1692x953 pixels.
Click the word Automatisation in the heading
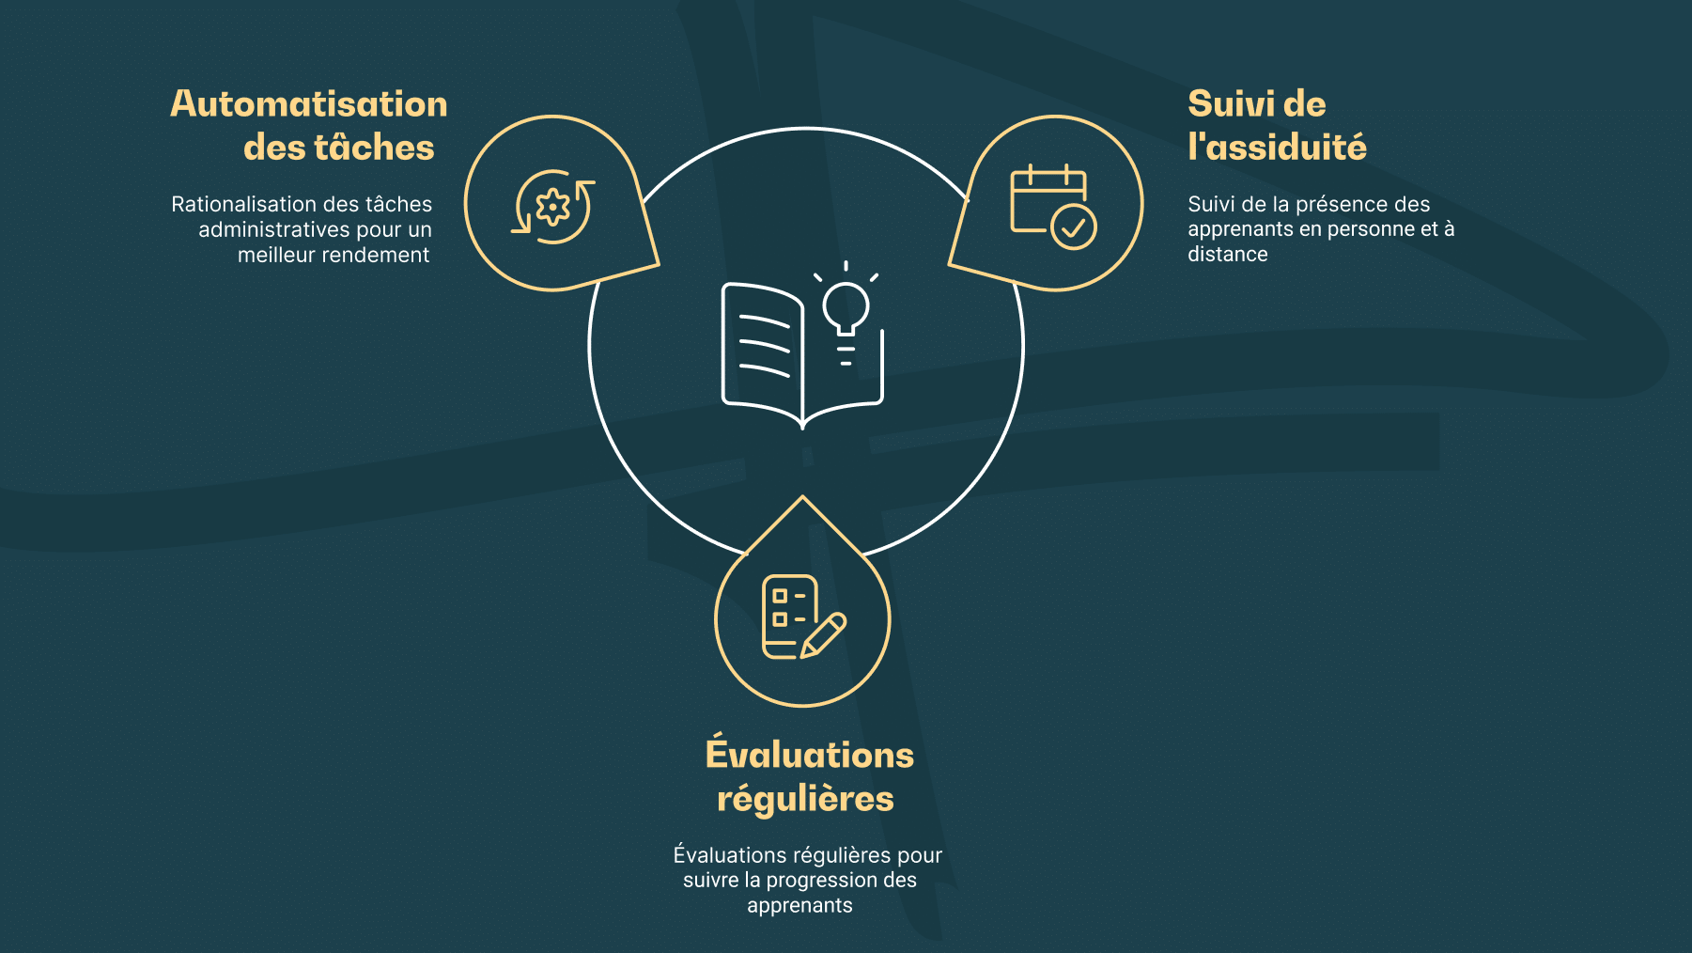coord(309,104)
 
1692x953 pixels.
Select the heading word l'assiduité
coord(1277,148)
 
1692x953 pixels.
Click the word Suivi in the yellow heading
coord(1228,104)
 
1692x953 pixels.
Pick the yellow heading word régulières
coord(805,799)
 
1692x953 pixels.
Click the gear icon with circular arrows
coord(553,206)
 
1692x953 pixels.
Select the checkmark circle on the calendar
coord(1074,227)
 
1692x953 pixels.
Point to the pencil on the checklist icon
coord(823,635)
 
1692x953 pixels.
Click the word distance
coord(1228,254)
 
